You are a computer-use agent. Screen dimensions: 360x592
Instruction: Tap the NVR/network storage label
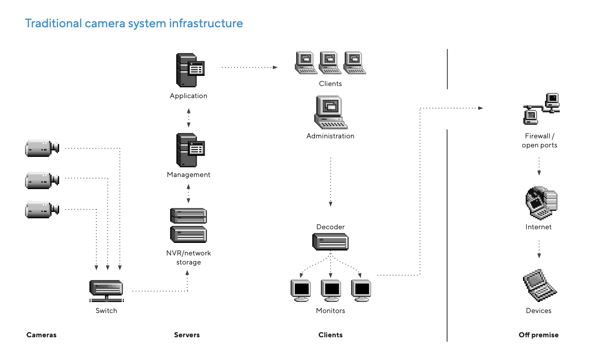[x=188, y=258]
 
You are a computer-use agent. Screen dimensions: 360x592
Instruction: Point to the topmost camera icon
[x=42, y=148]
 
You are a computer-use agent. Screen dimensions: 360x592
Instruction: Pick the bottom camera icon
[x=42, y=210]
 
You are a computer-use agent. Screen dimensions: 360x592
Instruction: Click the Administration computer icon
[x=330, y=113]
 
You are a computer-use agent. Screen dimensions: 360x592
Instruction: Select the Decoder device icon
[x=330, y=241]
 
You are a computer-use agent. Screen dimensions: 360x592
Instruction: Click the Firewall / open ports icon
[x=541, y=109]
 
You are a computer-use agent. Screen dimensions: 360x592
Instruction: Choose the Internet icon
[x=541, y=203]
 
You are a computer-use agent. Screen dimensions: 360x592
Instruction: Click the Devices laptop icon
[x=539, y=285]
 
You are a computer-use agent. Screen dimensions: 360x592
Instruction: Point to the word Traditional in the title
[x=53, y=23]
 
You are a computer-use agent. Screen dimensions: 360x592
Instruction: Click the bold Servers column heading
[x=187, y=335]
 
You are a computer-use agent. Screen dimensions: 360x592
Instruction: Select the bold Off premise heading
[x=539, y=335]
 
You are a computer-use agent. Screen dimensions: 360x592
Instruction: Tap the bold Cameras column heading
[x=41, y=335]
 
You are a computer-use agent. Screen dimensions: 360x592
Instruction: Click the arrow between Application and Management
[x=189, y=118]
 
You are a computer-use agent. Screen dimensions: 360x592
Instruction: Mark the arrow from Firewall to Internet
[x=539, y=166]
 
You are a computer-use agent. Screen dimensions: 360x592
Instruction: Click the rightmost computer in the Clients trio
[x=355, y=63]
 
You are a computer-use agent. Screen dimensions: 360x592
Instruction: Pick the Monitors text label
[x=330, y=311]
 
